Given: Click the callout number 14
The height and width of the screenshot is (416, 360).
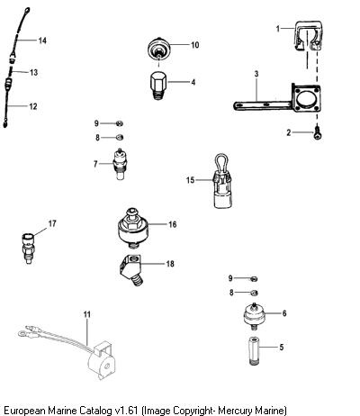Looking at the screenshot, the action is (42, 41).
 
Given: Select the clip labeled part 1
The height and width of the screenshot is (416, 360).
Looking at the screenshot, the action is (308, 35).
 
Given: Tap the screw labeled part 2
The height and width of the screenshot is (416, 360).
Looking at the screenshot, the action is (318, 133).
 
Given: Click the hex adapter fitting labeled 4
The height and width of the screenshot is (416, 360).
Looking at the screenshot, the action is (157, 86).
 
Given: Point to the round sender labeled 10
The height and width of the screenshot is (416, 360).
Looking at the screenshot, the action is (159, 50).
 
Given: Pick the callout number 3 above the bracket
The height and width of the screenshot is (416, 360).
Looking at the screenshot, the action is (256, 74).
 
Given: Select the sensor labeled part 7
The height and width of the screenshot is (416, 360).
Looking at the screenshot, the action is (120, 164).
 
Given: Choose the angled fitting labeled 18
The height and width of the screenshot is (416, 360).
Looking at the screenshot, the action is (130, 269).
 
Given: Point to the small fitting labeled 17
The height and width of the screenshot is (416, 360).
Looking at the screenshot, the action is (29, 249).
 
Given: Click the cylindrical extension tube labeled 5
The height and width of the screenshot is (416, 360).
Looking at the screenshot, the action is (254, 351).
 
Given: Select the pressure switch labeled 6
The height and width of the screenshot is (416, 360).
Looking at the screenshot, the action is (254, 316).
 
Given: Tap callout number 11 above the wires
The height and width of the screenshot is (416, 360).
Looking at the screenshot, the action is (86, 314).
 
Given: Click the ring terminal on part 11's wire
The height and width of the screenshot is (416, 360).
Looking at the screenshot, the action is (22, 333).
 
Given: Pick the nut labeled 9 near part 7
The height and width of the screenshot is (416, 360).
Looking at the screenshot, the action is (120, 123).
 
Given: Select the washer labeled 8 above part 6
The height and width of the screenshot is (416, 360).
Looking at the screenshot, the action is (254, 293).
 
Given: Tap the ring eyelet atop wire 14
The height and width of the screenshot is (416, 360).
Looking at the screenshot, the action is (27, 12).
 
